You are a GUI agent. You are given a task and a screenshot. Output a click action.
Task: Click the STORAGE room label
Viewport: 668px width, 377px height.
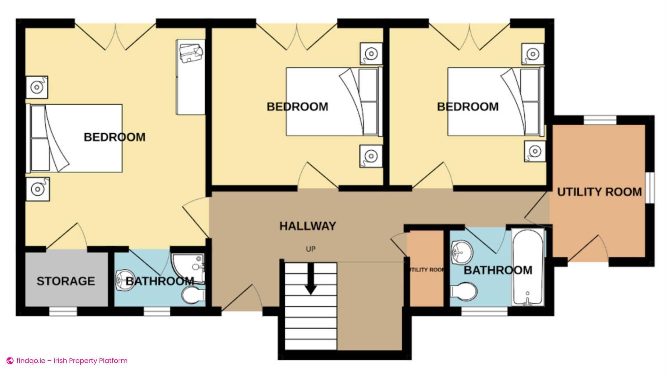pos(66,281)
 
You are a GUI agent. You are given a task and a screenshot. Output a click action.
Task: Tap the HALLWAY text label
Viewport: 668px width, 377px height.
pos(308,226)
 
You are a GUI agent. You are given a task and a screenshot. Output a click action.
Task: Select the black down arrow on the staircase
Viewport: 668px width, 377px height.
pos(310,280)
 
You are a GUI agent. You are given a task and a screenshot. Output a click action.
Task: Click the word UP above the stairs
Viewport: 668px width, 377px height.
pos(310,249)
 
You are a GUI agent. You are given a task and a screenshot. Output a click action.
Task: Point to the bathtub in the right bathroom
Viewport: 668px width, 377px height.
pos(528,267)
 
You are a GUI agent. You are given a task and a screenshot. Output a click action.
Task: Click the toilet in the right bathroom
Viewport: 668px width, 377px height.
pos(463,291)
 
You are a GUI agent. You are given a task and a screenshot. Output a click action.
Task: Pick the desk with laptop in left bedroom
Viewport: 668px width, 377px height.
pos(191,77)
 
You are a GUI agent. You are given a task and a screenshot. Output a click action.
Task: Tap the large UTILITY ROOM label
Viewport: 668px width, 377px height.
pos(599,192)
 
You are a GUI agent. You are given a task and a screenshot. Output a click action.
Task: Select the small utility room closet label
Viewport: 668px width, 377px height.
pos(426,270)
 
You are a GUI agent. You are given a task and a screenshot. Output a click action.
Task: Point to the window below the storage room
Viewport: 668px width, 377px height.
pos(63,312)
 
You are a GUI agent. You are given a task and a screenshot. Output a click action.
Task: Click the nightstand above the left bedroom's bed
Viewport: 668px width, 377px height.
pos(37,87)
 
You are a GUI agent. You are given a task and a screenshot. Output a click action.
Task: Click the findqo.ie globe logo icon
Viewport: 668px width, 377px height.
pos(10,361)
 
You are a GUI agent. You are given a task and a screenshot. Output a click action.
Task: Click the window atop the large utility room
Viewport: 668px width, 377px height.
pos(600,120)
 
